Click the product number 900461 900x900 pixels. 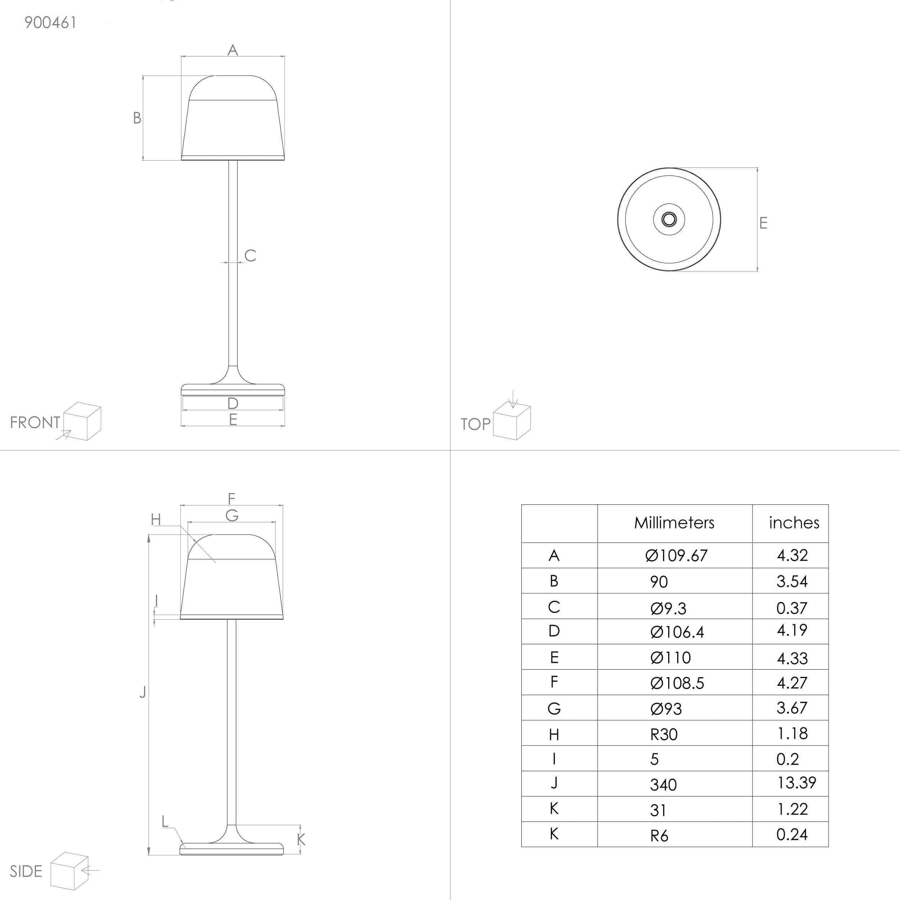50,22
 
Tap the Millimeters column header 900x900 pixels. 674,523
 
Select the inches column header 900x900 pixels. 794,523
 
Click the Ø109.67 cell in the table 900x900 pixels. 676,555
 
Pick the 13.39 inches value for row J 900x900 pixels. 796,783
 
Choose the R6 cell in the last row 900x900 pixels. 659,836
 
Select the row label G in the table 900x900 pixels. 554,708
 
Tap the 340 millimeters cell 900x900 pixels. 663,785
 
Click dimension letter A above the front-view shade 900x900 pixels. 233,50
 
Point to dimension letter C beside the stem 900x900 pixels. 250,255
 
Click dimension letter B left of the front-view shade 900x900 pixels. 137,118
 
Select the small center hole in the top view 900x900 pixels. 669,219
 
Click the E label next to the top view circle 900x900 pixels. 763,223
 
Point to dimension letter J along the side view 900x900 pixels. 143,692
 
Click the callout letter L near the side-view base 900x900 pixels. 165,821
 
